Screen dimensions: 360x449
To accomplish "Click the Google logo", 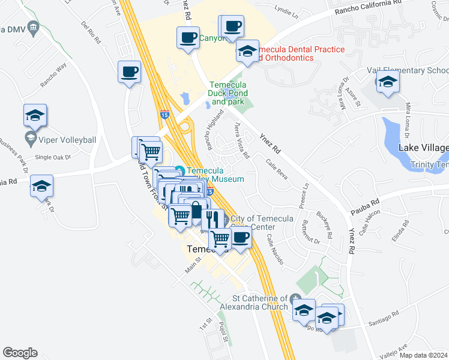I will click(19, 353).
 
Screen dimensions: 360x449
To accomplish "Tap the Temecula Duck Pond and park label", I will click(227, 94).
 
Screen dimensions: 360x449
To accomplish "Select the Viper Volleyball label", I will click(67, 140).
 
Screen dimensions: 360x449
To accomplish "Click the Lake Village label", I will click(423, 148).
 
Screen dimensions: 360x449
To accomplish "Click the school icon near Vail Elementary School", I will click(388, 83).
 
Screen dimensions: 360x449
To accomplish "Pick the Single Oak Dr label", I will click(53, 157).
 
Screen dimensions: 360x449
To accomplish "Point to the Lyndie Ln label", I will click(286, 10).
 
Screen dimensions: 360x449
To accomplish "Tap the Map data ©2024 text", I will click(423, 355).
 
